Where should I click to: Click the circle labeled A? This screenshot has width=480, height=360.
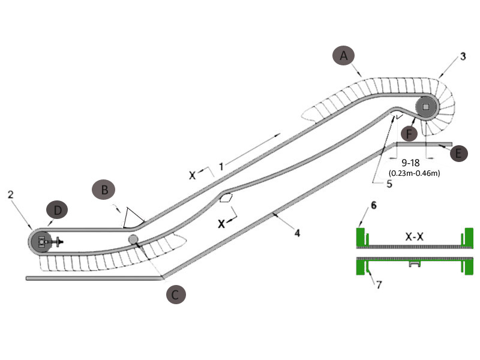pos(344,56)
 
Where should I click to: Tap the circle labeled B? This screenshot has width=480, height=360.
pos(104,190)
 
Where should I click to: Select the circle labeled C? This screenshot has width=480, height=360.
pos(175,295)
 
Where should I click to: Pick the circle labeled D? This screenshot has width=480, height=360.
pos(58,211)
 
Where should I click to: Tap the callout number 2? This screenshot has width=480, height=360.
pos(10,194)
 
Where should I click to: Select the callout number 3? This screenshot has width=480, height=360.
pos(463,57)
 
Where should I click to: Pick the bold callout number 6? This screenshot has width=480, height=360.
pos(373,205)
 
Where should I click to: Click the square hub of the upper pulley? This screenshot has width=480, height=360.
pos(426,107)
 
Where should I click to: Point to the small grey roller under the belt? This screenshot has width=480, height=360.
pos(133,239)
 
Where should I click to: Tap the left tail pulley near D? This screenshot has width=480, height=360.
pos(41,241)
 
